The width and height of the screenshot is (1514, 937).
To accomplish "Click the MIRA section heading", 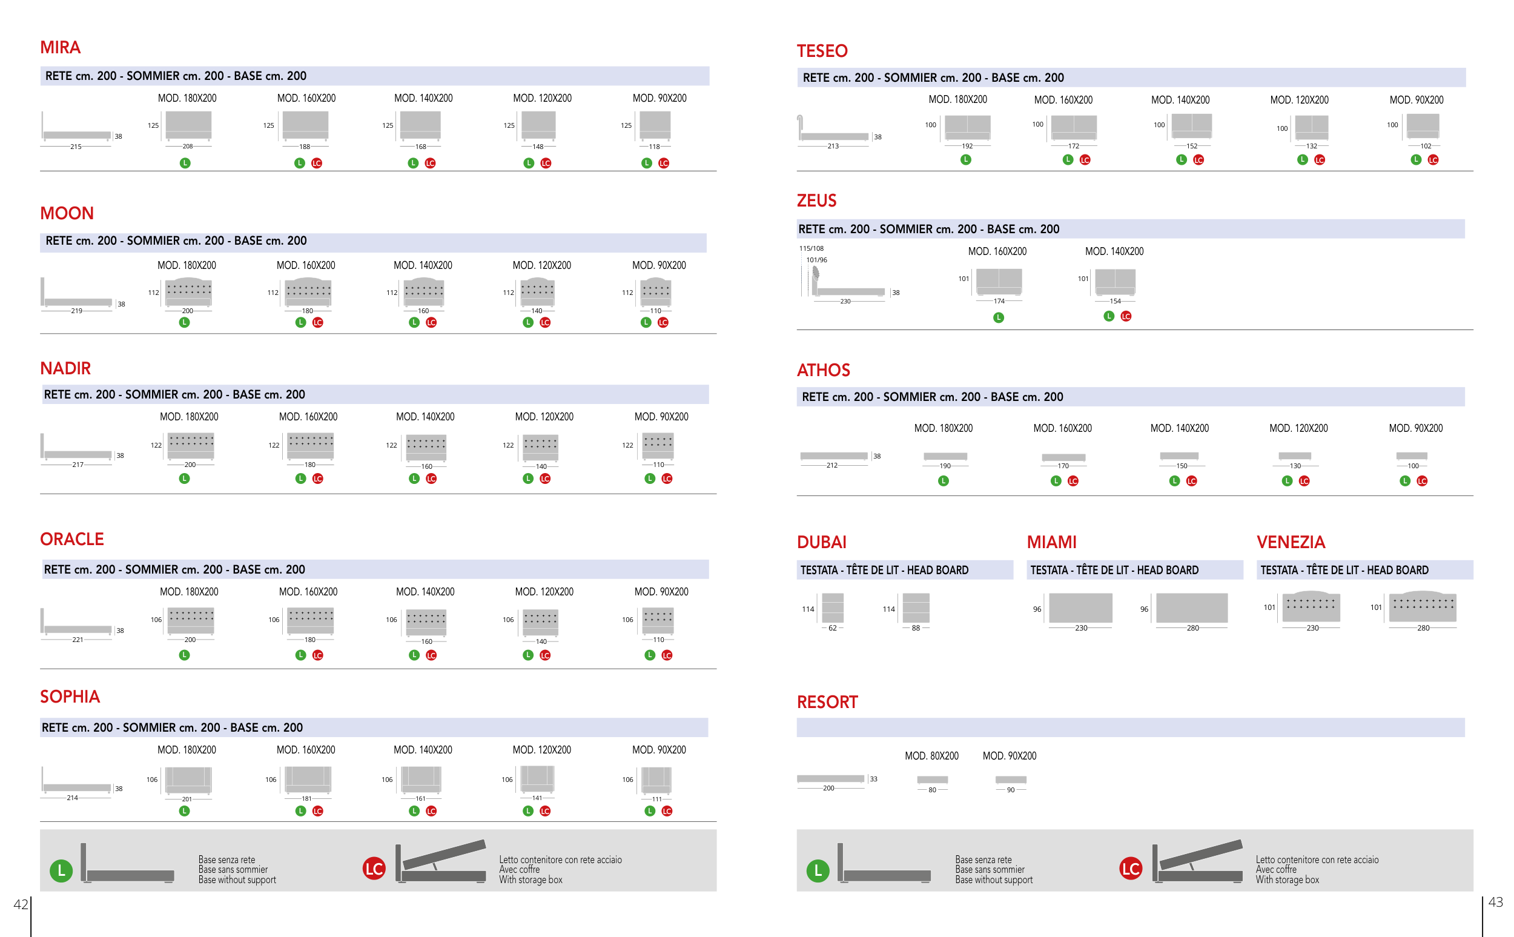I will [x=60, y=48].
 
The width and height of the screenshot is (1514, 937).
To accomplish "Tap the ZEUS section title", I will [x=816, y=201].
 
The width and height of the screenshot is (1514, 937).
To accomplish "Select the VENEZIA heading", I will [x=1291, y=542].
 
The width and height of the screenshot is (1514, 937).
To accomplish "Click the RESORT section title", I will [x=827, y=702].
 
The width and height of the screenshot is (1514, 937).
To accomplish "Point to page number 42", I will [x=21, y=904].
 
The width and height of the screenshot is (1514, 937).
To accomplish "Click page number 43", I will [x=1495, y=902].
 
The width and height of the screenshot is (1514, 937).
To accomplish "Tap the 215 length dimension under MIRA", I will [x=76, y=147].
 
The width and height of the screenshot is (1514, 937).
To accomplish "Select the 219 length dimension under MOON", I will [x=76, y=311].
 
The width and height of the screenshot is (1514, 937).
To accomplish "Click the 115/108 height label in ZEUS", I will [x=811, y=248].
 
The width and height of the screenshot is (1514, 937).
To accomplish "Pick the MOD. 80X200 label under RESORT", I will [x=931, y=756].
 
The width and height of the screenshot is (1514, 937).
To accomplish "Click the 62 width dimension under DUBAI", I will [x=833, y=628].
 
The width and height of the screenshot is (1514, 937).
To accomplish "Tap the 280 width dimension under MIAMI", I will [x=1192, y=628].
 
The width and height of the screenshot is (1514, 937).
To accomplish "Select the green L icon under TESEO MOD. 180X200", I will [x=966, y=160].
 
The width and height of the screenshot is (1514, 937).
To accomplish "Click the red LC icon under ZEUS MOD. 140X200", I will [x=1126, y=317].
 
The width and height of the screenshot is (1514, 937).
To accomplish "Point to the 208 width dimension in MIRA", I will [x=188, y=147].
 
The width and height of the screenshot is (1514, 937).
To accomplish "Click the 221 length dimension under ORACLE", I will [x=78, y=640].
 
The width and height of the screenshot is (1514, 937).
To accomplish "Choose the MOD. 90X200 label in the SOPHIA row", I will [x=658, y=750].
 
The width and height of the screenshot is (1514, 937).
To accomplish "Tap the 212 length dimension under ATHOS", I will [x=831, y=465].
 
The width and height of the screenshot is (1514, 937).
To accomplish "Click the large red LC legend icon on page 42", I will [x=374, y=869].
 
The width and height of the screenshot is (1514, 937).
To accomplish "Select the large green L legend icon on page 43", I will [x=818, y=871].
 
